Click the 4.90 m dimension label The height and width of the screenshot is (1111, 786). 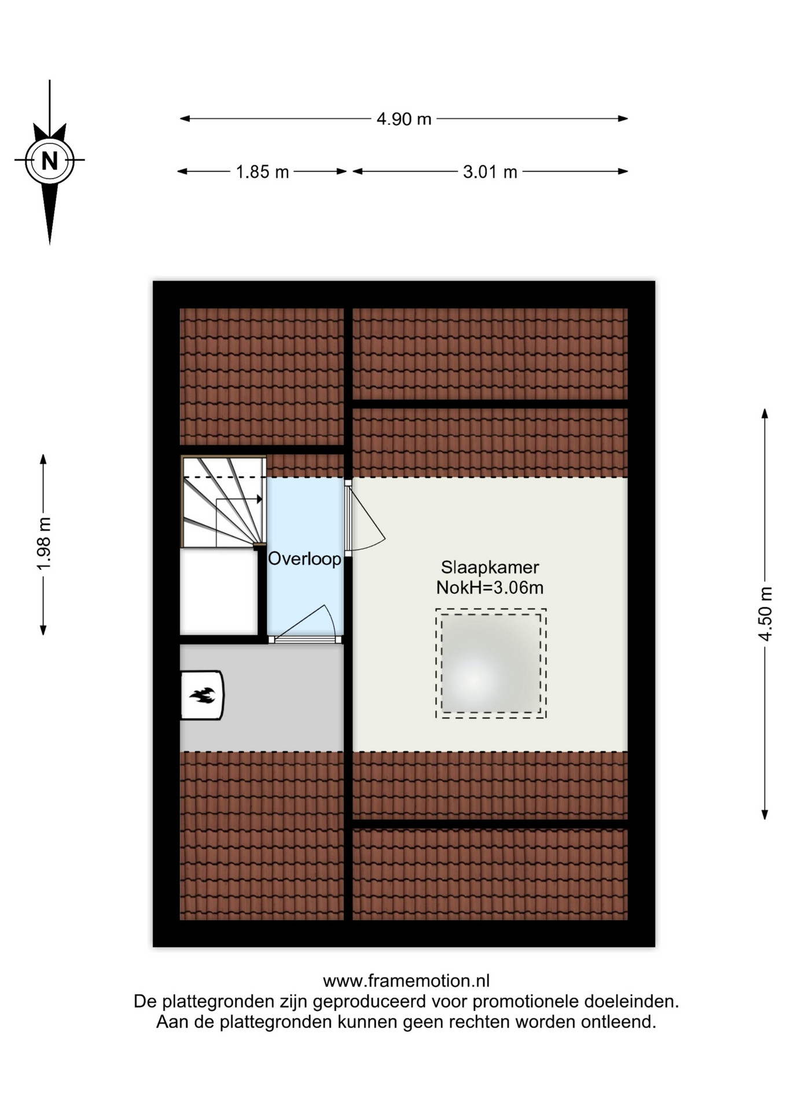[x=404, y=119]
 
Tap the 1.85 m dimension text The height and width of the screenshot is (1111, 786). [x=262, y=172]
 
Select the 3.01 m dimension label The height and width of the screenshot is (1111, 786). [x=490, y=172]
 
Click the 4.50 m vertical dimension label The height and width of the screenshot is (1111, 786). [x=765, y=614]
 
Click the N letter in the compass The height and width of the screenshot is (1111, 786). [x=50, y=160]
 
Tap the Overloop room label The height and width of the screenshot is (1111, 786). [x=304, y=559]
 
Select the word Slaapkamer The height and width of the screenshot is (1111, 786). [x=490, y=567]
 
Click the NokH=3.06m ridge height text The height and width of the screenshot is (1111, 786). [x=490, y=588]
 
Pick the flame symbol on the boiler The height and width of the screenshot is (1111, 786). [x=202, y=695]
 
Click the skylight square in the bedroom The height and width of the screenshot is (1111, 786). [x=491, y=663]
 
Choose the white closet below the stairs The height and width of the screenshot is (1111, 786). [x=219, y=591]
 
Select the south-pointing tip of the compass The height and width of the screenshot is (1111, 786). [x=50, y=243]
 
